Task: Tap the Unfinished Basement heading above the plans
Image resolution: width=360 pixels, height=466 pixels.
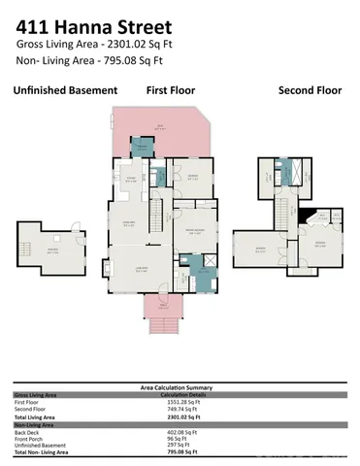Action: click(65, 90)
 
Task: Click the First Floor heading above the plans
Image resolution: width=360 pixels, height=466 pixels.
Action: click(172, 90)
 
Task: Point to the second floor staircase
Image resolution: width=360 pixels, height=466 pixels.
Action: click(285, 208)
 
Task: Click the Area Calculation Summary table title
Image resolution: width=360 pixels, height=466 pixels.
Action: click(180, 386)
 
